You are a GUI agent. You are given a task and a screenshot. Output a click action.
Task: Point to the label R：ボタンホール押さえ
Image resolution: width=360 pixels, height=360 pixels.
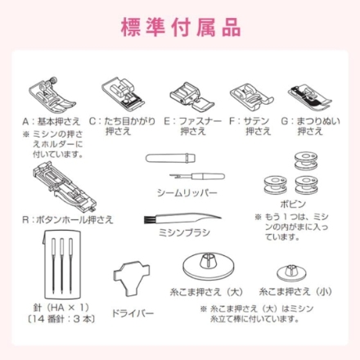click(x=68, y=219)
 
